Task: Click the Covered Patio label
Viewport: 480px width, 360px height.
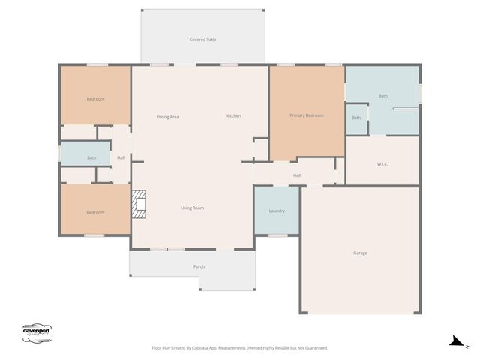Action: [x=202, y=40]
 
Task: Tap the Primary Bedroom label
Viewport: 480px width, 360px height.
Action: [x=307, y=115]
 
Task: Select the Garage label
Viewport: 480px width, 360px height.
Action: [x=360, y=253]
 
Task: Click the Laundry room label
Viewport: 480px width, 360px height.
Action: [x=277, y=211]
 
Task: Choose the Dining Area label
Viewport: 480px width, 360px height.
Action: [x=167, y=117]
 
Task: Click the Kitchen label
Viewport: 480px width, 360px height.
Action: [x=234, y=116]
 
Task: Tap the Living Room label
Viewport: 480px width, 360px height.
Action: [x=192, y=208]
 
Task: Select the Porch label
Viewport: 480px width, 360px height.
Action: [x=199, y=266]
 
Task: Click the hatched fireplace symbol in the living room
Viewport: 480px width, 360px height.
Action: [x=139, y=204]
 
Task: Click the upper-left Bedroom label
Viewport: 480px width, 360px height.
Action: [x=95, y=99]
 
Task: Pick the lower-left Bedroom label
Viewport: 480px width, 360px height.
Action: [x=95, y=212]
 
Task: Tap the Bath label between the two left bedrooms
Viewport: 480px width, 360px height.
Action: [x=91, y=157]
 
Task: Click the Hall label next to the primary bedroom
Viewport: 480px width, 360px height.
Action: [x=296, y=175]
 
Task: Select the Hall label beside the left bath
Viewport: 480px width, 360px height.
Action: [x=121, y=157]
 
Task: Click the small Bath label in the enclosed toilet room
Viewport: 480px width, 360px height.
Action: [x=356, y=118]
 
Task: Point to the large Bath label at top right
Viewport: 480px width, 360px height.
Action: [x=383, y=96]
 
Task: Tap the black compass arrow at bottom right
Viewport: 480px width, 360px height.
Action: [x=456, y=341]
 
